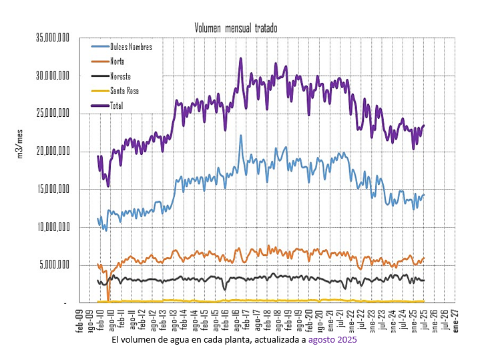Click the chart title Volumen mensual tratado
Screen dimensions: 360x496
236,28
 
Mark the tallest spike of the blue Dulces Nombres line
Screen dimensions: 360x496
241,136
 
